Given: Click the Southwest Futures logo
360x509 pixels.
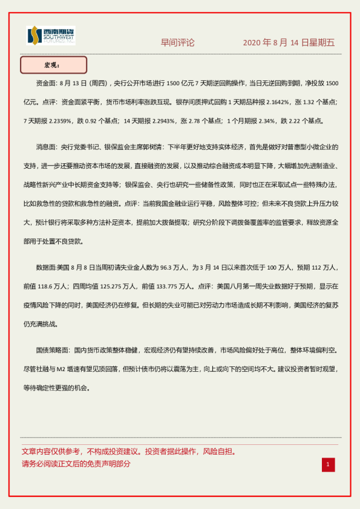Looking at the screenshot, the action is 51,37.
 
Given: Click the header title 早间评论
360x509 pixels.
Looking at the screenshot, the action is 177,43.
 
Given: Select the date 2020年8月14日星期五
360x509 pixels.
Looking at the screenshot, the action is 289,43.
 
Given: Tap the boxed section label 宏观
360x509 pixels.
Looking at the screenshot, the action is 54,65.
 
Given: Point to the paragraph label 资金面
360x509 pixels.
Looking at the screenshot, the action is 47,83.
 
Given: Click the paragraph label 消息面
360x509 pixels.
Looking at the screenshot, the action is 47,147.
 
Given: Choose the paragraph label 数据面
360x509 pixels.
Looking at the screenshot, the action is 47,267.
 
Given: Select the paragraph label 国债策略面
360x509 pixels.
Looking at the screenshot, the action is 51,350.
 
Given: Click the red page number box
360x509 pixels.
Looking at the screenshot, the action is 327,464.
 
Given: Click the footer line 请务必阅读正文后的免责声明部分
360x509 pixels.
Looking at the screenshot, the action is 76,464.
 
